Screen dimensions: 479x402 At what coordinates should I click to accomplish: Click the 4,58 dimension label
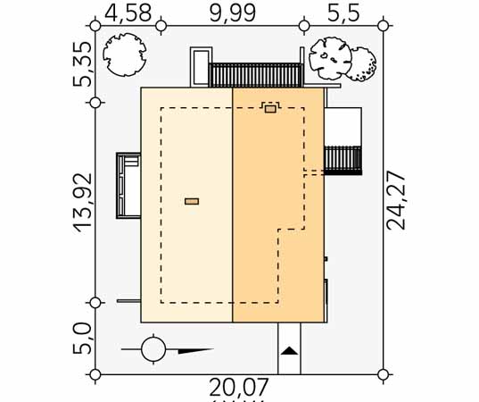(128, 13)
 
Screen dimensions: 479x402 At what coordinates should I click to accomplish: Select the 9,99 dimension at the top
(233, 13)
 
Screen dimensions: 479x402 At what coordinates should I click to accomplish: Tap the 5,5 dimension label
(343, 13)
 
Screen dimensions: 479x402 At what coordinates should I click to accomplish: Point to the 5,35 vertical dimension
(82, 64)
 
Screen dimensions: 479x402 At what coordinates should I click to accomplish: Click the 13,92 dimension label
(82, 203)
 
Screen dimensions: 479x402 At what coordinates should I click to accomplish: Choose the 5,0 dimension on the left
(82, 339)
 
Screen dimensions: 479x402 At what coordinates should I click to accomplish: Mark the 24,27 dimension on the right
(396, 201)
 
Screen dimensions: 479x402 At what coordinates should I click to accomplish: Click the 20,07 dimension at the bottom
(239, 388)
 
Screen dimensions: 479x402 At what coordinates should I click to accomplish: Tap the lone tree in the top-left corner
(124, 54)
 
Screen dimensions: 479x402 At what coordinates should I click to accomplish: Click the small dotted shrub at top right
(363, 64)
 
